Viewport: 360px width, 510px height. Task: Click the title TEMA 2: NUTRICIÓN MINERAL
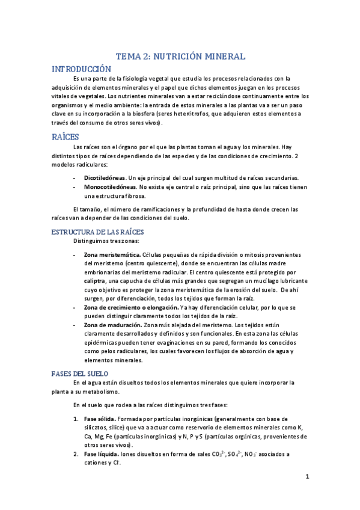point(180,57)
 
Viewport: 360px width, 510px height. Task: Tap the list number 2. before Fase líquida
point(76,454)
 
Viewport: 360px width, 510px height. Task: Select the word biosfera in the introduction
point(181,113)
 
